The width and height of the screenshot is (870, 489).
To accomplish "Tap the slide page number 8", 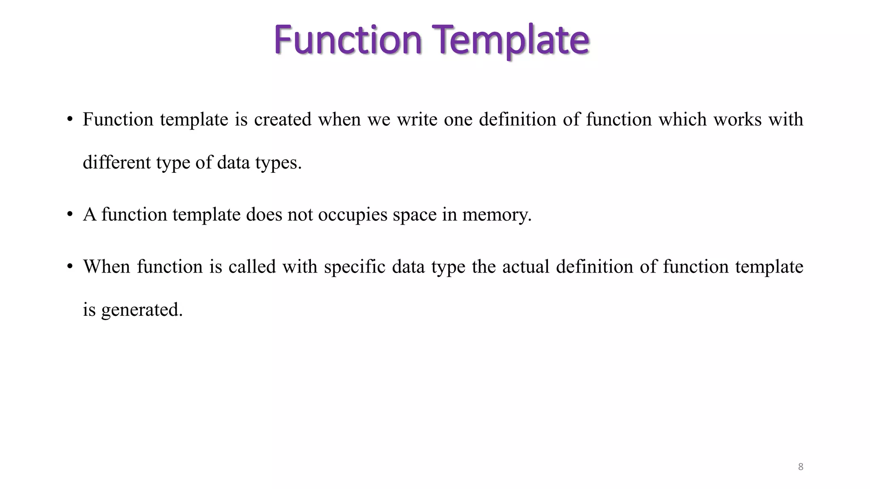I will point(800,467).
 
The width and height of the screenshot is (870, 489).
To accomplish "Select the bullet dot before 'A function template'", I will point(70,214).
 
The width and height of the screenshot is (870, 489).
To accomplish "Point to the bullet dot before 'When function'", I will point(70,267).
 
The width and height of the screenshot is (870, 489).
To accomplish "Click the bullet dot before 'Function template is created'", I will point(70,119).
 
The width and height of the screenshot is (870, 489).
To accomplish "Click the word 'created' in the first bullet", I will point(283,119).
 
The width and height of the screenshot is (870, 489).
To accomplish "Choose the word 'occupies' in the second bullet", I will point(353,215).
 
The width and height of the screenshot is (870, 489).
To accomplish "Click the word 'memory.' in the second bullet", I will point(497,215).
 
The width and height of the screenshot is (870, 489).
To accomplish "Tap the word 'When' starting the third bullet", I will point(107,267).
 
